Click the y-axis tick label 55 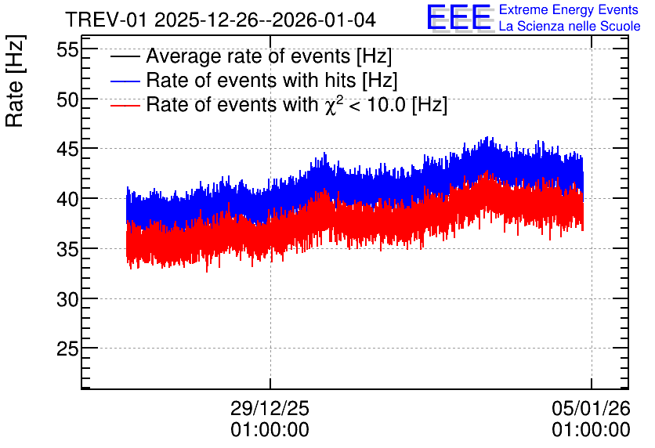point(67,51)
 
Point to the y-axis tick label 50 point(67,100)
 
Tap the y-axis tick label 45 point(67,150)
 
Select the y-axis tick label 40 point(67,199)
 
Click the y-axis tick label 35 point(67,249)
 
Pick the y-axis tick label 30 point(67,299)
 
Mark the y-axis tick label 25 point(67,349)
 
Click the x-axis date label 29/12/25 point(270,408)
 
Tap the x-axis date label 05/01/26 point(591,408)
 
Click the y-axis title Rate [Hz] point(15,81)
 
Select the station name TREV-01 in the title point(107,20)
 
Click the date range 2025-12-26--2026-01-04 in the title point(266,20)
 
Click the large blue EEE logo point(459,17)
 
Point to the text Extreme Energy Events point(569,9)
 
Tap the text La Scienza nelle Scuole point(570,26)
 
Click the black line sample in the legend point(125,56)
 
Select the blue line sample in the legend point(125,81)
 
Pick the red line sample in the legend point(125,105)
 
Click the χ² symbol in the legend point(331,105)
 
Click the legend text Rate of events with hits point(251,80)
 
